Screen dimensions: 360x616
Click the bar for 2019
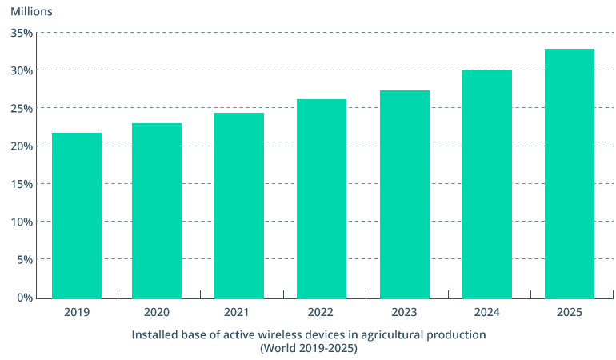77,215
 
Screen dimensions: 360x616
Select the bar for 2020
157,210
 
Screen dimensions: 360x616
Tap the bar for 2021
239,206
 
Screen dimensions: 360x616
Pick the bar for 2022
322,198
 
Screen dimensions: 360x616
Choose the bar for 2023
405,194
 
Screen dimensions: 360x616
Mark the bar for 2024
487,184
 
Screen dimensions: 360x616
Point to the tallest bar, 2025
570,174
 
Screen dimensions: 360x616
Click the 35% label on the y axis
22,33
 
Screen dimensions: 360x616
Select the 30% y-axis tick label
22,70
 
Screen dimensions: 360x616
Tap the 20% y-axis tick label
22,146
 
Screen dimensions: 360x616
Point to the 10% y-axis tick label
22,222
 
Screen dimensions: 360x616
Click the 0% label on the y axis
24,298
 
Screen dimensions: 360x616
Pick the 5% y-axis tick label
24,259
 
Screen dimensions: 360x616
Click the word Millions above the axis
31,12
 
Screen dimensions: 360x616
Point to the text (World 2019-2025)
308,348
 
